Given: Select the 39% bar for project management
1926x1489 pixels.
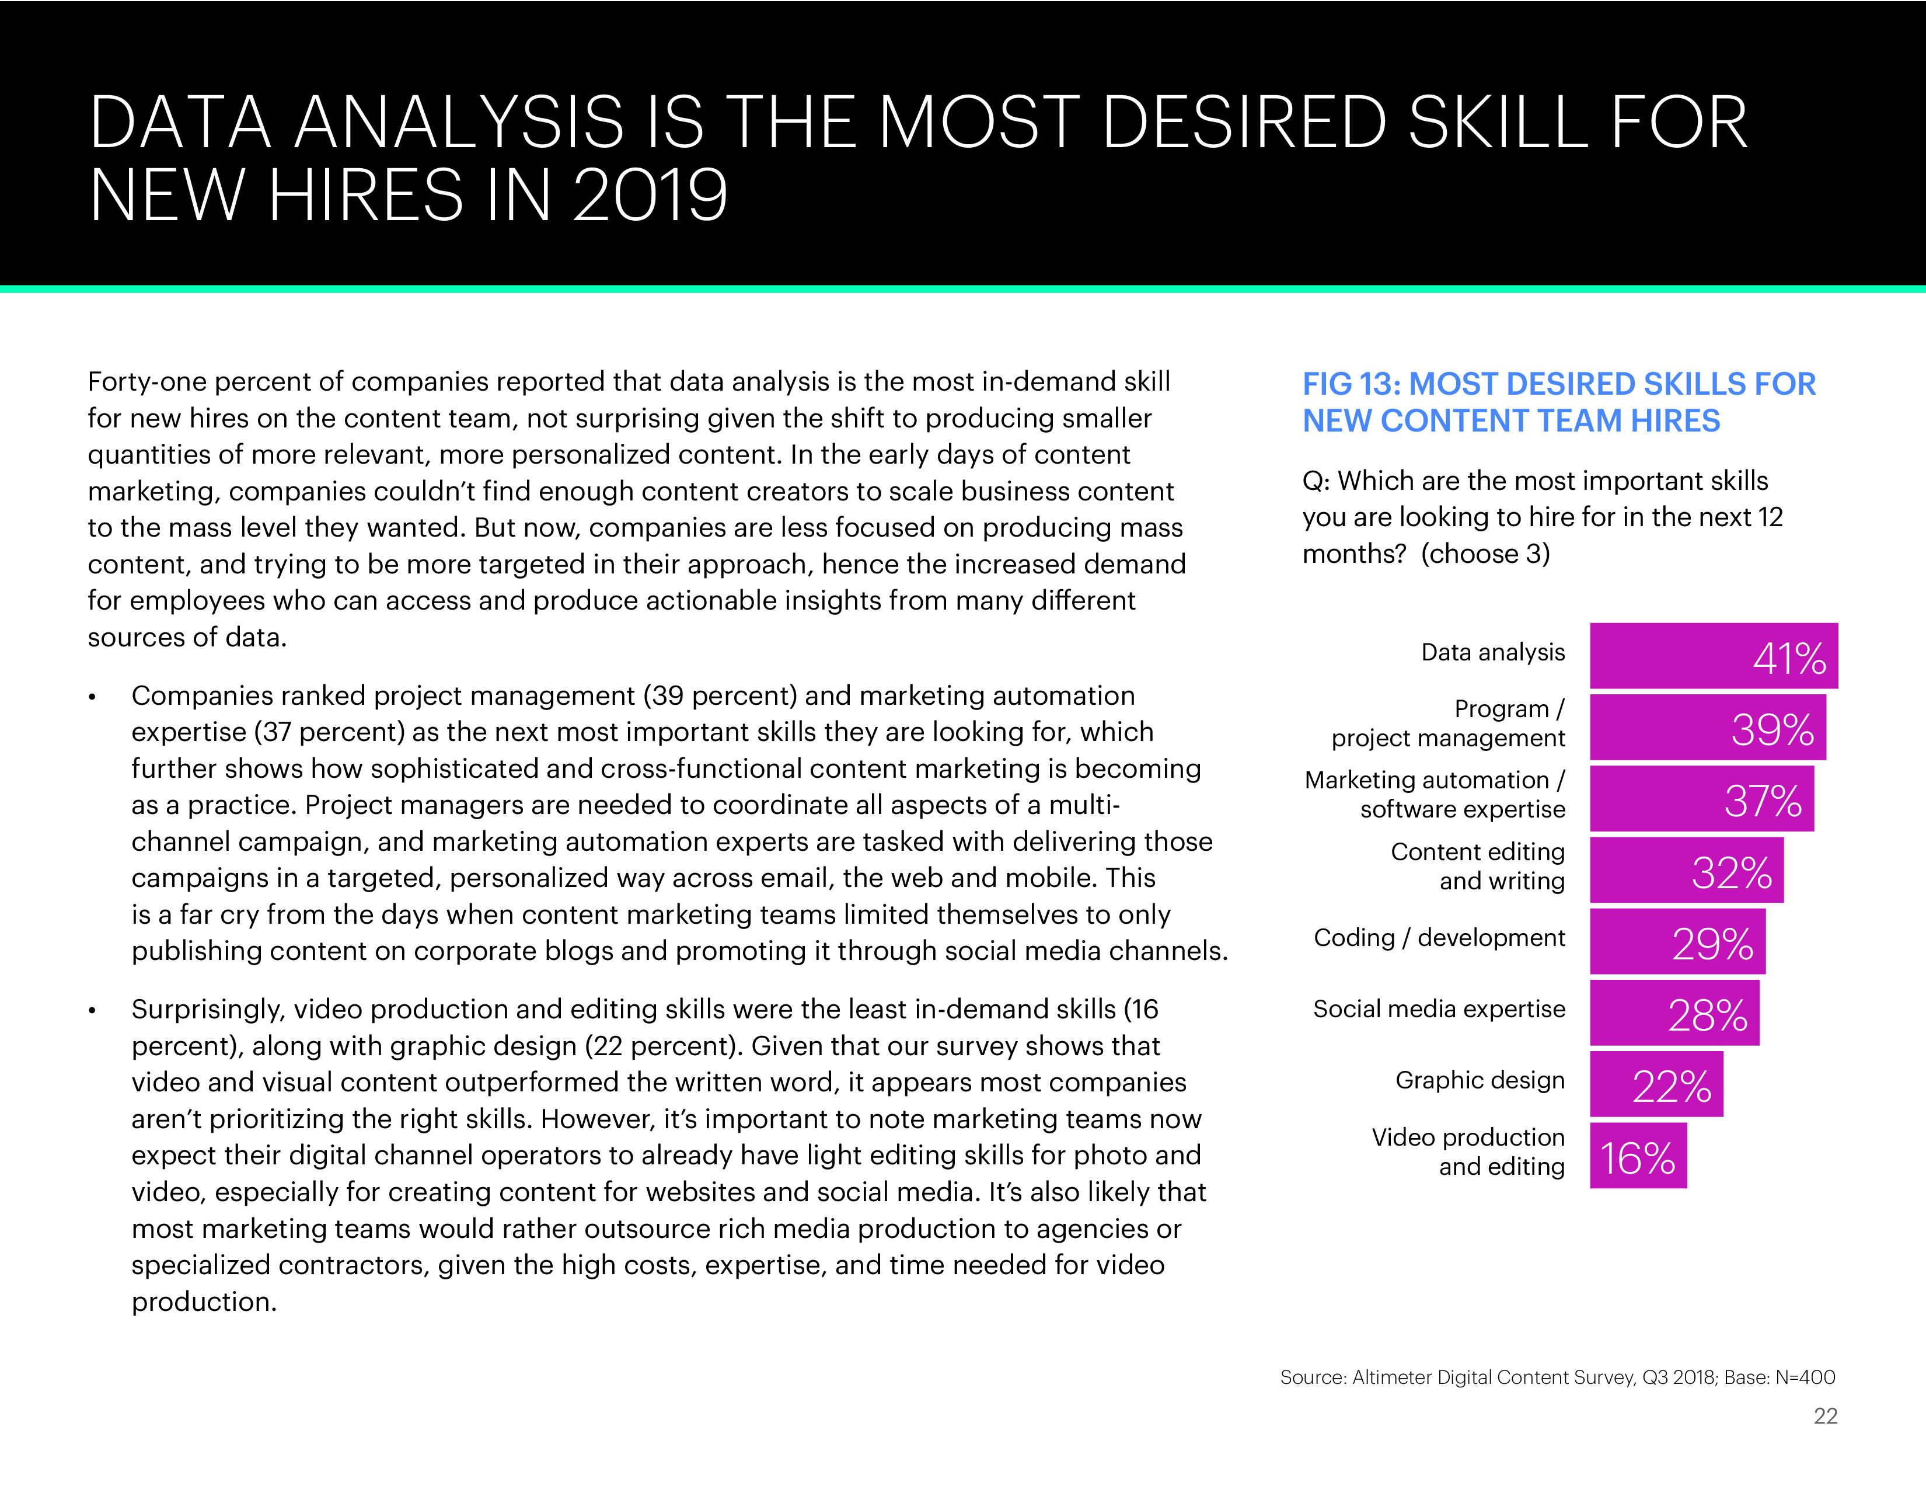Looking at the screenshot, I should [x=1707, y=728].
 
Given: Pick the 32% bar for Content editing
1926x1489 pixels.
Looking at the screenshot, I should [x=1686, y=871].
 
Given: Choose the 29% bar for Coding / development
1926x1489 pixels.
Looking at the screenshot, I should [x=1677, y=942].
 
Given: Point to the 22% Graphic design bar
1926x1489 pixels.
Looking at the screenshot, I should [x=1656, y=1085].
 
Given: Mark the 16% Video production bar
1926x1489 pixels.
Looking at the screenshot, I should [x=1638, y=1156].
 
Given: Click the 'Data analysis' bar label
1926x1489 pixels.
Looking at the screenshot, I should [x=1492, y=653].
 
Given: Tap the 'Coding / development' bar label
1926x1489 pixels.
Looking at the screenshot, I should [x=1439, y=938].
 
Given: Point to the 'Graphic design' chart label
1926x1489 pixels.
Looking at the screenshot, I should [x=1480, y=1081].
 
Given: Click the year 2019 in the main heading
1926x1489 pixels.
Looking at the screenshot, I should [x=651, y=195].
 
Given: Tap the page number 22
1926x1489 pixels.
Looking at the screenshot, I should [x=1824, y=1416].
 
